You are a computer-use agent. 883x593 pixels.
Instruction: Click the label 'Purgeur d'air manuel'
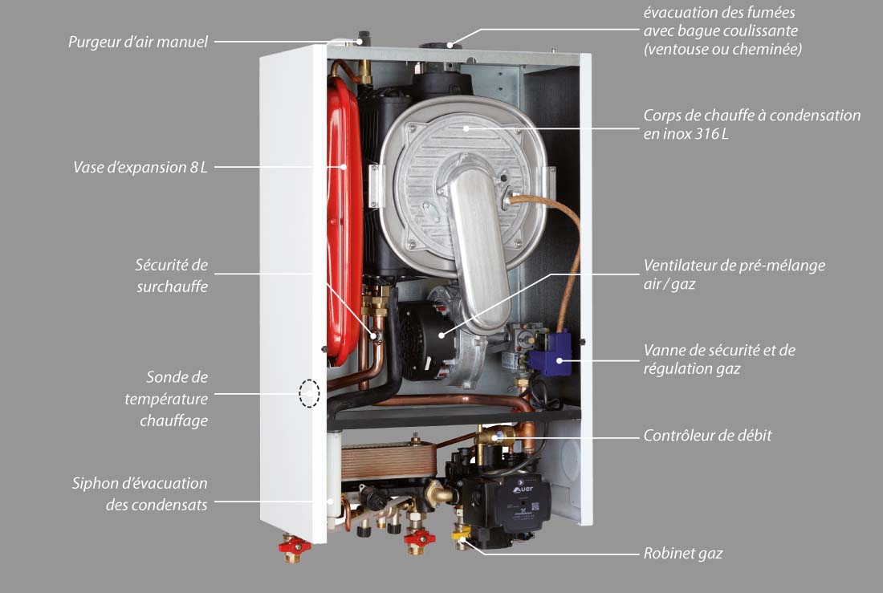pyautogui.click(x=138, y=42)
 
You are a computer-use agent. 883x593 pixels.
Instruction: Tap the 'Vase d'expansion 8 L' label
pyautogui.click(x=140, y=167)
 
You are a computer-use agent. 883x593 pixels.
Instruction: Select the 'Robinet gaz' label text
pyautogui.click(x=682, y=554)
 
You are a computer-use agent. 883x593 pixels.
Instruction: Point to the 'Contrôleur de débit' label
pyautogui.click(x=707, y=435)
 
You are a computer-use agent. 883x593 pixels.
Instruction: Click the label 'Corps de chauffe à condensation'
pyautogui.click(x=752, y=116)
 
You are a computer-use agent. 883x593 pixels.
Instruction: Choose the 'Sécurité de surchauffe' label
pyautogui.click(x=172, y=275)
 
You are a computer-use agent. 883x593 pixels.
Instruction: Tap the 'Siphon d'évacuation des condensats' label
pyautogui.click(x=140, y=493)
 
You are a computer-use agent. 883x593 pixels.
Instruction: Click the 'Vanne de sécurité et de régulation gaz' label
pyautogui.click(x=719, y=359)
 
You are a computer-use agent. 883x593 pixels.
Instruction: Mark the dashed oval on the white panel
pyautogui.click(x=309, y=393)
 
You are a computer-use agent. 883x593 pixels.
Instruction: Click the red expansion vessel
pyautogui.click(x=343, y=220)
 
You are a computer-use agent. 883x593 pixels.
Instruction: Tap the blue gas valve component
pyautogui.click(x=549, y=354)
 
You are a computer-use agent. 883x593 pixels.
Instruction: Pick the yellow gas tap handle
pyautogui.click(x=461, y=534)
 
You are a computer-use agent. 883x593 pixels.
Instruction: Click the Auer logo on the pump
pyautogui.click(x=523, y=488)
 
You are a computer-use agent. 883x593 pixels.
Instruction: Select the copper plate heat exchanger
pyautogui.click(x=389, y=461)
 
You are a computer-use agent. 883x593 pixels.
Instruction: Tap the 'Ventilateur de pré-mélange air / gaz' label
pyautogui.click(x=734, y=274)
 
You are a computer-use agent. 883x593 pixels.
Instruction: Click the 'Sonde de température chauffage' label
pyautogui.click(x=166, y=399)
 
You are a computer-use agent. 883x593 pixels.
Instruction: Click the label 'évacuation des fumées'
pyautogui.click(x=719, y=12)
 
